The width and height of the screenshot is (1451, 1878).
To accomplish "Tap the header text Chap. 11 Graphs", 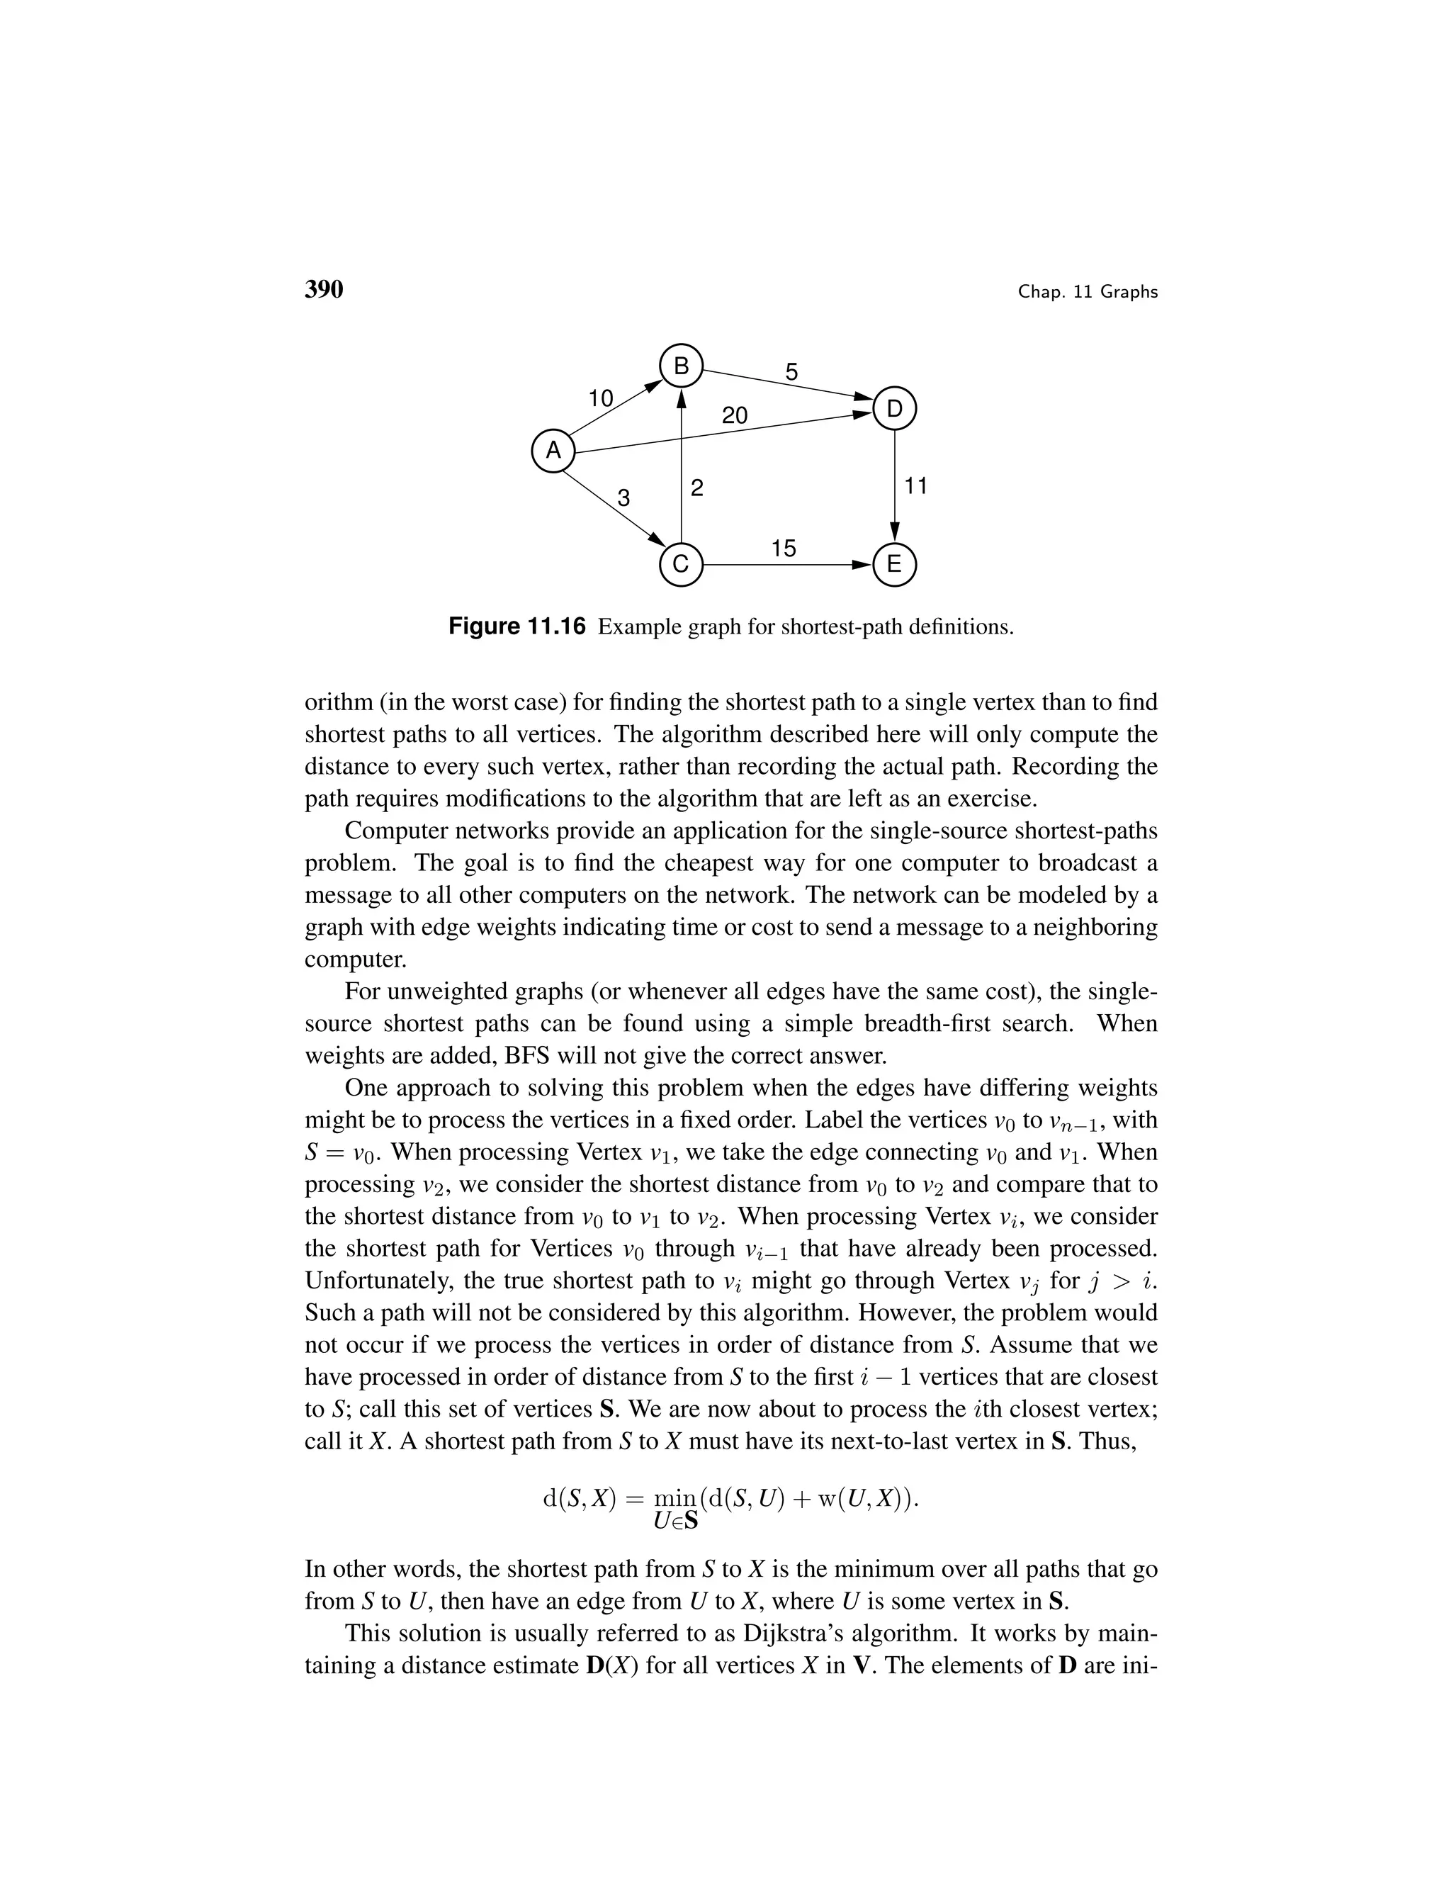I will (x=1088, y=293).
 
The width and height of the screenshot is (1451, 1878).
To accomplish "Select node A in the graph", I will (x=553, y=451).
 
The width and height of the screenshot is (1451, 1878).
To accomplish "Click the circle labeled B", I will (x=681, y=367).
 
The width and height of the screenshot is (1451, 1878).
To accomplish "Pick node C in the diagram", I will (x=681, y=565).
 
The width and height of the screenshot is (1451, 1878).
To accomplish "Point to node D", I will (x=894, y=410).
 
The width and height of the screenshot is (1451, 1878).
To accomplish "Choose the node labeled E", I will (x=894, y=565).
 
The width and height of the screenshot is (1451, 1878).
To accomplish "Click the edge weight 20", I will (x=734, y=416).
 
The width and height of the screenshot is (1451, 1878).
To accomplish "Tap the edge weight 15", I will (x=783, y=549).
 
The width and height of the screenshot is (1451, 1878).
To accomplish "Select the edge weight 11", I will (x=916, y=487).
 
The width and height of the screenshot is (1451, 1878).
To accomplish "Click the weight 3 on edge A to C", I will (x=624, y=498).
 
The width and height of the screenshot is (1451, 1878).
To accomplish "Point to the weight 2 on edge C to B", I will (x=697, y=488).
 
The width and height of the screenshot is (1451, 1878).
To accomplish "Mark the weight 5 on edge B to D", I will (x=791, y=372).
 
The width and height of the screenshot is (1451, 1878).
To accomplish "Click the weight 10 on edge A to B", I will (x=600, y=399).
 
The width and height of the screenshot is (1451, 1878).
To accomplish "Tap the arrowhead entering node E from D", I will (x=894, y=533).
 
